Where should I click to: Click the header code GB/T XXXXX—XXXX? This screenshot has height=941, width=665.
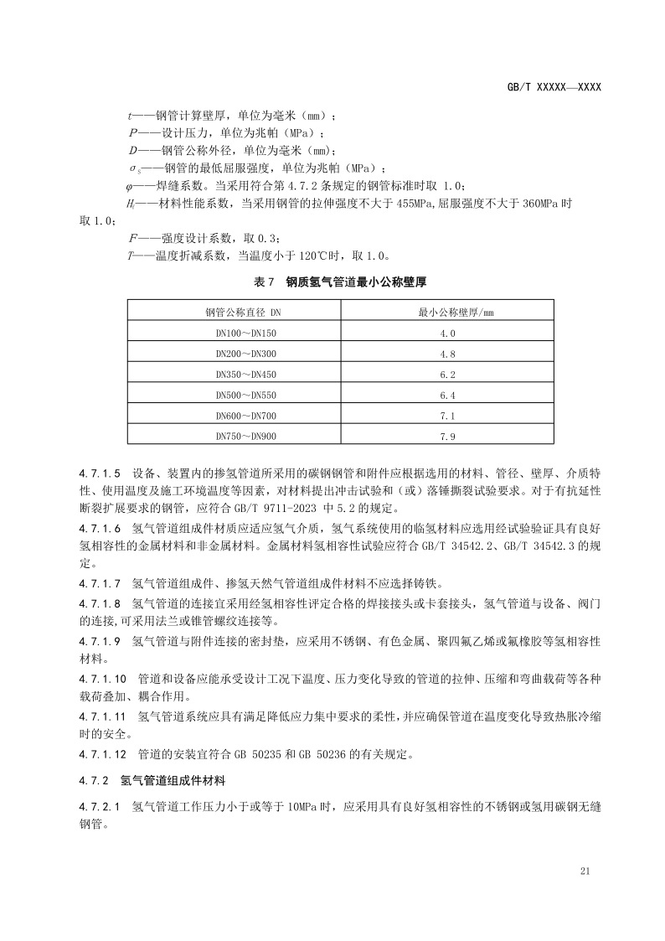(555, 86)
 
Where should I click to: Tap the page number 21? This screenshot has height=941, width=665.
(585, 871)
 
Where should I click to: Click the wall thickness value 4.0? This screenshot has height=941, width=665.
(447, 333)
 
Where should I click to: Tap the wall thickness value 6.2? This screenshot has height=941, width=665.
(447, 375)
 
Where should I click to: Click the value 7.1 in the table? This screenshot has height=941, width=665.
(447, 416)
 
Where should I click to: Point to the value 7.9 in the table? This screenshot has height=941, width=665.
(447, 436)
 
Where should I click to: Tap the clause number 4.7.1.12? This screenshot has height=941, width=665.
(103, 754)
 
